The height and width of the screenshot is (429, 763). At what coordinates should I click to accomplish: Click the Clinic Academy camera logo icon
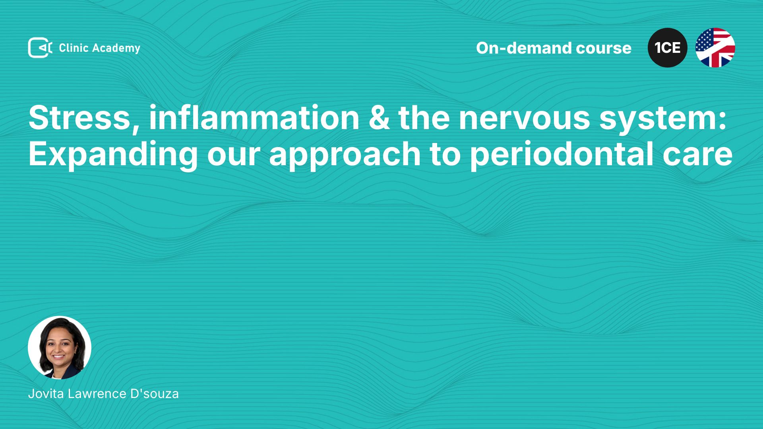click(x=40, y=48)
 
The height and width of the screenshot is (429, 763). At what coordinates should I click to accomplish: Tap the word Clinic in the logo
click(x=74, y=48)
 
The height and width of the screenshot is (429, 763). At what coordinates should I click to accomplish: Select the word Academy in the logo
click(x=116, y=48)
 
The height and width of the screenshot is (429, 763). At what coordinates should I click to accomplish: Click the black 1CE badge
click(x=668, y=48)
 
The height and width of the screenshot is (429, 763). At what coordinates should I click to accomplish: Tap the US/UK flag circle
click(x=715, y=48)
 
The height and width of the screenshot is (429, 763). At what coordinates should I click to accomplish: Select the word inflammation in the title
click(x=254, y=118)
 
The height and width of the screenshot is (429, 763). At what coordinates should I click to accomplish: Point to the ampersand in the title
click(x=379, y=118)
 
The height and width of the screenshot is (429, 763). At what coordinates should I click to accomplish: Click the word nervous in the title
click(x=525, y=121)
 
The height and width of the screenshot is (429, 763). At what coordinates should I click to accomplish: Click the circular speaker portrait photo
click(x=60, y=348)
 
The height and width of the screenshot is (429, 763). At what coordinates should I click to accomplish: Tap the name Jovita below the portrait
click(x=46, y=394)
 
